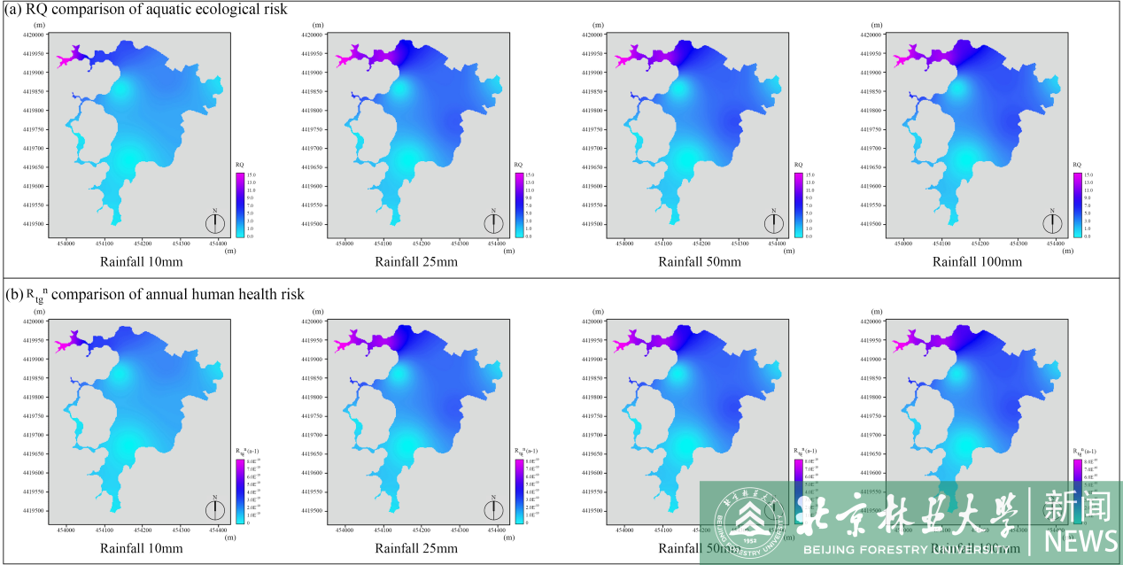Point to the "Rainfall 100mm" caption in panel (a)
(977, 261)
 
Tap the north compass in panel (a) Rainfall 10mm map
(215, 223)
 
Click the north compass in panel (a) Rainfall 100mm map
(1052, 223)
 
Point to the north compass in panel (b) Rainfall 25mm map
(494, 509)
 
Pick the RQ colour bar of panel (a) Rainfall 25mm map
(519, 205)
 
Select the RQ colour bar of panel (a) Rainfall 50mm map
(798, 205)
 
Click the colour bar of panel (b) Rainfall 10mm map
(240, 491)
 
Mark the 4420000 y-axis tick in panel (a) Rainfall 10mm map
(35, 35)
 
